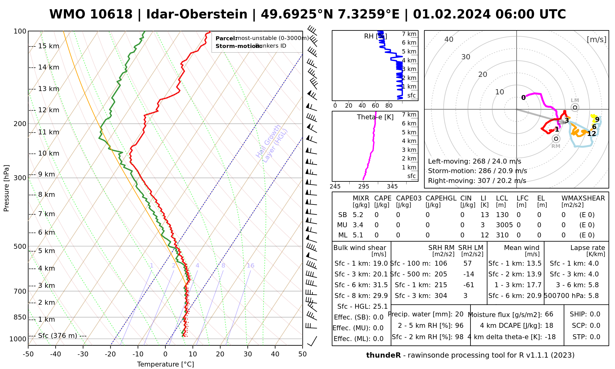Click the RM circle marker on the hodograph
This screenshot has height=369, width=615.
point(556,139)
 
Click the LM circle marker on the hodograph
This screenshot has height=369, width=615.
point(575,107)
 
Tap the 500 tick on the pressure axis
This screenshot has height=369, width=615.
point(21,246)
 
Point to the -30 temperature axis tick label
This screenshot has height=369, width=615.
point(83,354)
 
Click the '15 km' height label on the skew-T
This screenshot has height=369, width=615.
point(49,46)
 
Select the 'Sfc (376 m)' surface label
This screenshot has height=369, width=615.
point(58,336)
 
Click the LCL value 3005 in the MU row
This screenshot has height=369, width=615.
point(504,225)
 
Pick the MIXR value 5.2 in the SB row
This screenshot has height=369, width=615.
point(358,215)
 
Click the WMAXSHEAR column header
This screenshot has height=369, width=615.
point(583,198)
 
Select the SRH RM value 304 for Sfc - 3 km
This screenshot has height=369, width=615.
point(441,296)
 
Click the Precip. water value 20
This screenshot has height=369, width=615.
point(459,314)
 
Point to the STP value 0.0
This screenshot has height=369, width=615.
point(595,337)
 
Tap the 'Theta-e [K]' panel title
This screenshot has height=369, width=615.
point(375,117)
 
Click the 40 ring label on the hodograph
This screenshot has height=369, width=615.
point(449,39)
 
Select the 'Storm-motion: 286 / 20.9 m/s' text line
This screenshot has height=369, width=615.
point(477,171)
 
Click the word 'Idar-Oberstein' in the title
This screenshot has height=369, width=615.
point(197,14)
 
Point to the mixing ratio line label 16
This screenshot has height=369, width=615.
point(250,266)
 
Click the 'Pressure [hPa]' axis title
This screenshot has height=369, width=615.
point(6,188)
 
